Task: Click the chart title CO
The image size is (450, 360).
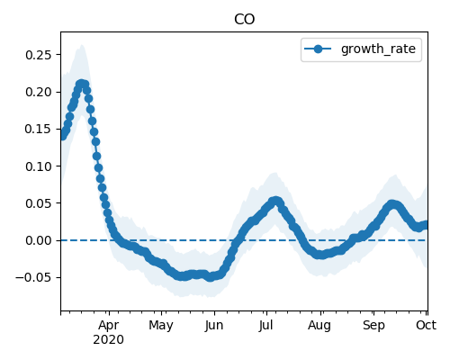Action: [x=244, y=20]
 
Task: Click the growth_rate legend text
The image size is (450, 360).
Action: [x=378, y=49]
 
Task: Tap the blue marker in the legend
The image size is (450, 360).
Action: [x=318, y=49]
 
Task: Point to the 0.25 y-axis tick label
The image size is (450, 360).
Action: [x=38, y=55]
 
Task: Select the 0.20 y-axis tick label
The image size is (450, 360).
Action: [x=38, y=92]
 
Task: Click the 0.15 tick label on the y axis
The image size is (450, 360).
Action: [x=38, y=129]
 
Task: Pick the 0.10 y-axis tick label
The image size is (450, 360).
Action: [x=38, y=166]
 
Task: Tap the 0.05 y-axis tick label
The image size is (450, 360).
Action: [x=38, y=203]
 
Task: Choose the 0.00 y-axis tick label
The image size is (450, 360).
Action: [x=38, y=240]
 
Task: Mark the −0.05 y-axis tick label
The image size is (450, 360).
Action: [x=33, y=277]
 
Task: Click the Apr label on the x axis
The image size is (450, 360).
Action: [x=109, y=326]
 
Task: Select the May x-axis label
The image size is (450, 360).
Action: [x=161, y=326]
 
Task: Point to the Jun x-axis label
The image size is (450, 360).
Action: [x=214, y=326]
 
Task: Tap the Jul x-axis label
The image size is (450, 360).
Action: [x=265, y=325]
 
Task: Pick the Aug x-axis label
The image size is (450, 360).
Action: [x=319, y=326]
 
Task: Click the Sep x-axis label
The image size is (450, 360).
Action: [x=373, y=326]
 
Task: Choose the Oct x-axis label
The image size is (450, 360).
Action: [x=426, y=325]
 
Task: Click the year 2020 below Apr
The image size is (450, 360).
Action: [x=108, y=340]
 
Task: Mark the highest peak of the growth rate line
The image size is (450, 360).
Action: [x=81, y=84]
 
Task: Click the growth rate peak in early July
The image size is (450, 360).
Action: [x=275, y=201]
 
